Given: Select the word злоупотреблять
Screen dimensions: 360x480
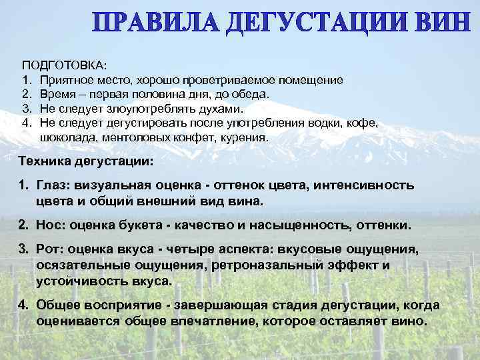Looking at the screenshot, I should coord(147,109).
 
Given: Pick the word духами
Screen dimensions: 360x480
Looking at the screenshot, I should coord(220,109).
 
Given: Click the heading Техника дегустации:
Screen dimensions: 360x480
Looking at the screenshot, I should coord(86,161).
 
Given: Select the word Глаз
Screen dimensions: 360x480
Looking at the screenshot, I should coord(51,185).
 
